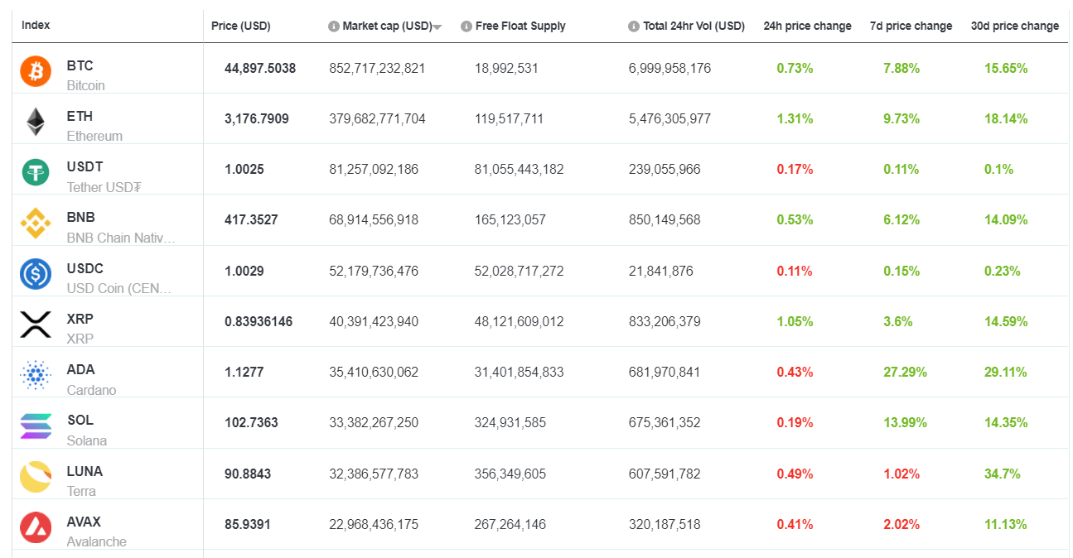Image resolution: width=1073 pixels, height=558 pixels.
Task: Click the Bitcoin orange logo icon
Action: tap(36, 70)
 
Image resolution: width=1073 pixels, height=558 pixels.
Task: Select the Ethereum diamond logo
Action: tap(36, 122)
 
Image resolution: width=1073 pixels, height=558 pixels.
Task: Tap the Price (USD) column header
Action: tap(240, 26)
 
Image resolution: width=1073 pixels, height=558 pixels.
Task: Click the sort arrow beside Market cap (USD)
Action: tap(437, 27)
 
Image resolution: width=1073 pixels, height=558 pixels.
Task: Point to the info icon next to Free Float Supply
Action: tap(466, 26)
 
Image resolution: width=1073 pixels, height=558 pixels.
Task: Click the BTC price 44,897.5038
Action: tap(259, 68)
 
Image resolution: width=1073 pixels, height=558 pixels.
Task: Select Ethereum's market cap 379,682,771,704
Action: tap(377, 118)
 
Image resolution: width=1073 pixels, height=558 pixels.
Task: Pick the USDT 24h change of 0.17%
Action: tap(795, 169)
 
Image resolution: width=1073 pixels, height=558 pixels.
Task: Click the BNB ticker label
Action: tap(81, 217)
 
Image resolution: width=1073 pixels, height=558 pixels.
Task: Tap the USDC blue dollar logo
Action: tap(36, 274)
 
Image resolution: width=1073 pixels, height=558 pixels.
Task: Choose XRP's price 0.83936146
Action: tap(259, 321)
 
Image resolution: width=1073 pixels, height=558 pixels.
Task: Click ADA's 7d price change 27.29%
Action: tap(905, 372)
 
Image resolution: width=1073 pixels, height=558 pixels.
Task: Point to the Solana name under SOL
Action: tap(87, 440)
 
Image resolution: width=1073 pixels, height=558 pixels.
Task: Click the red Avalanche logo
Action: tap(36, 527)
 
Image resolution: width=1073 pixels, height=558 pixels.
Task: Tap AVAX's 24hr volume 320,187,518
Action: tap(665, 524)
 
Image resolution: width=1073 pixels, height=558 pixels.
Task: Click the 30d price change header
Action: tap(1014, 26)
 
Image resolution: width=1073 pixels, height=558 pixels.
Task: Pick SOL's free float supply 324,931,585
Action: tap(510, 422)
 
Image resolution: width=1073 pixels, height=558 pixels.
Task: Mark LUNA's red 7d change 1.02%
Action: tap(901, 474)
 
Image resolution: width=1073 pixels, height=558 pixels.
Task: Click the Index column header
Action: tap(36, 25)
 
